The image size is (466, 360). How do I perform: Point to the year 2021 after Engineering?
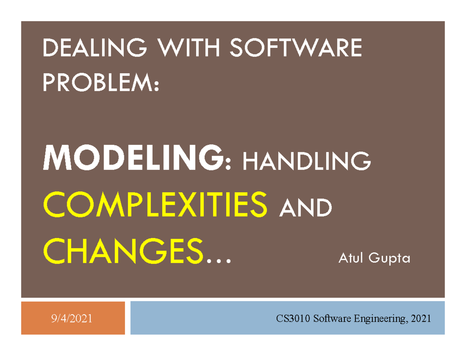tap(422, 319)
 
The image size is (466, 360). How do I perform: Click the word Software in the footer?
tap(330, 319)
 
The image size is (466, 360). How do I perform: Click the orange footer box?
tap(73, 318)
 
